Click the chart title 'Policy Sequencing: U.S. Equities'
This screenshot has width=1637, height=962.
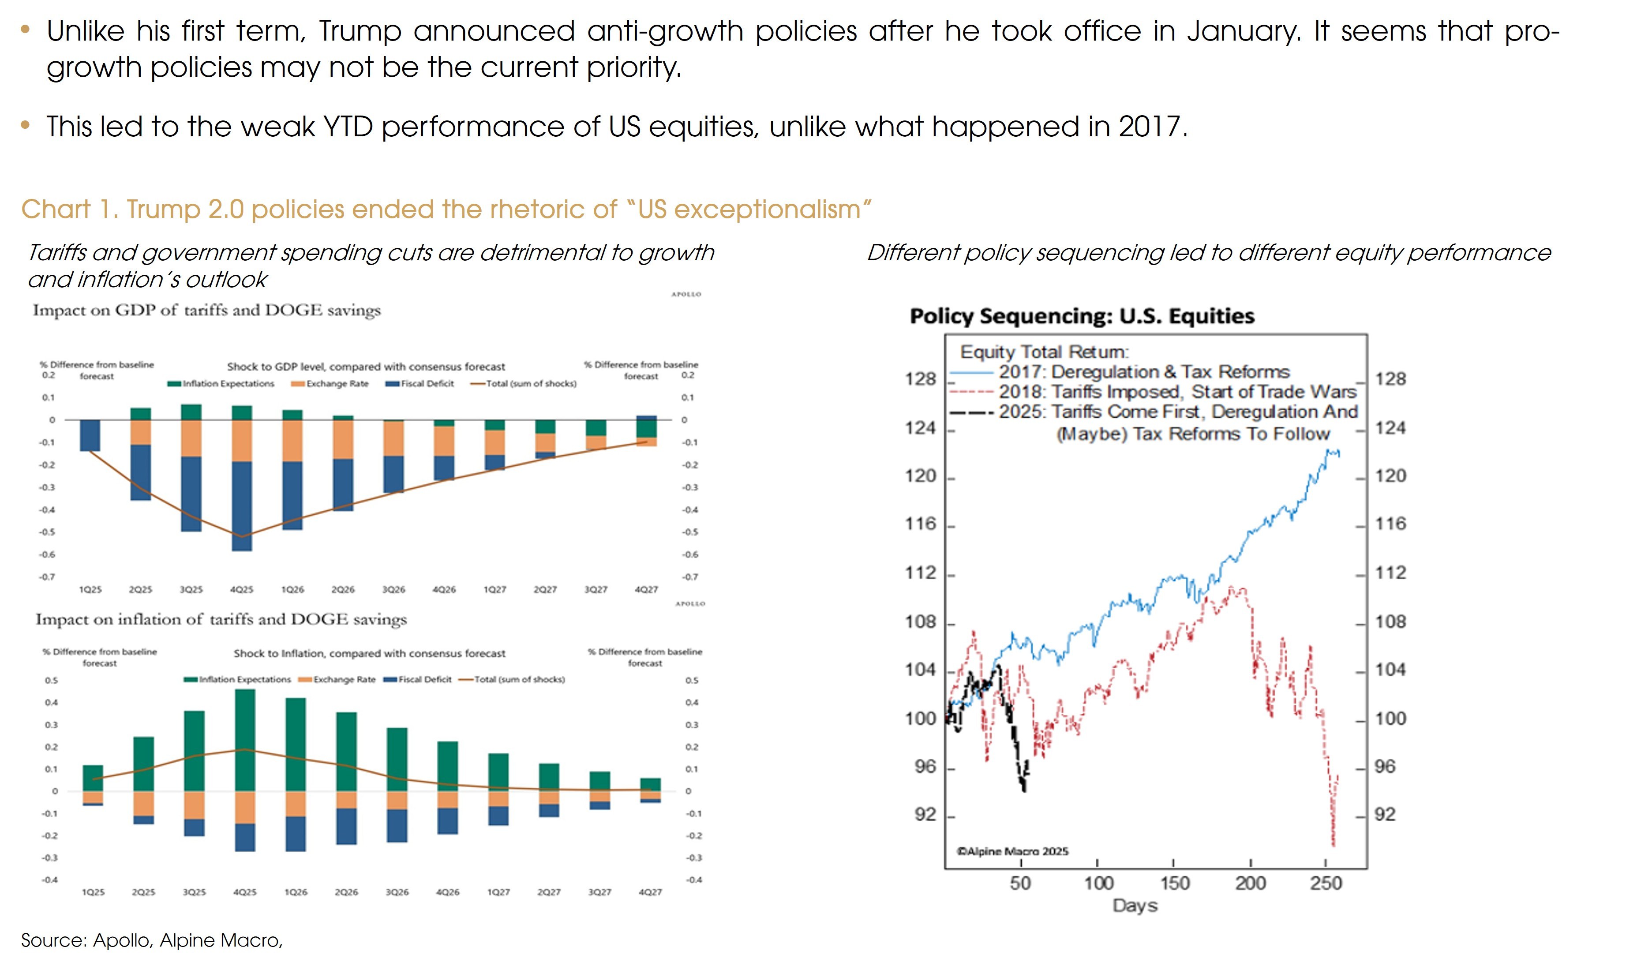click(1082, 316)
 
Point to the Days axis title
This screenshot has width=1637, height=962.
click(1135, 906)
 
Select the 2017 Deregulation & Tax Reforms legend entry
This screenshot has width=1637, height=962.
click(1144, 372)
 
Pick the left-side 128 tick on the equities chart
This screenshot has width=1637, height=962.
click(921, 379)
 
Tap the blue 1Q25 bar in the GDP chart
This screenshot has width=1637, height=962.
click(90, 435)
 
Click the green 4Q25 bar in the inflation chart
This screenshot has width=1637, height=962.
click(245, 741)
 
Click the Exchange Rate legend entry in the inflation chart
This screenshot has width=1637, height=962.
click(344, 679)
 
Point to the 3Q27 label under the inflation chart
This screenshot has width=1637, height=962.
click(599, 892)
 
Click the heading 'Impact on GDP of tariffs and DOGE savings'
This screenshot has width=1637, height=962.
click(206, 311)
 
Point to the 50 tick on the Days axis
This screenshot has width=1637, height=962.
click(1020, 883)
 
